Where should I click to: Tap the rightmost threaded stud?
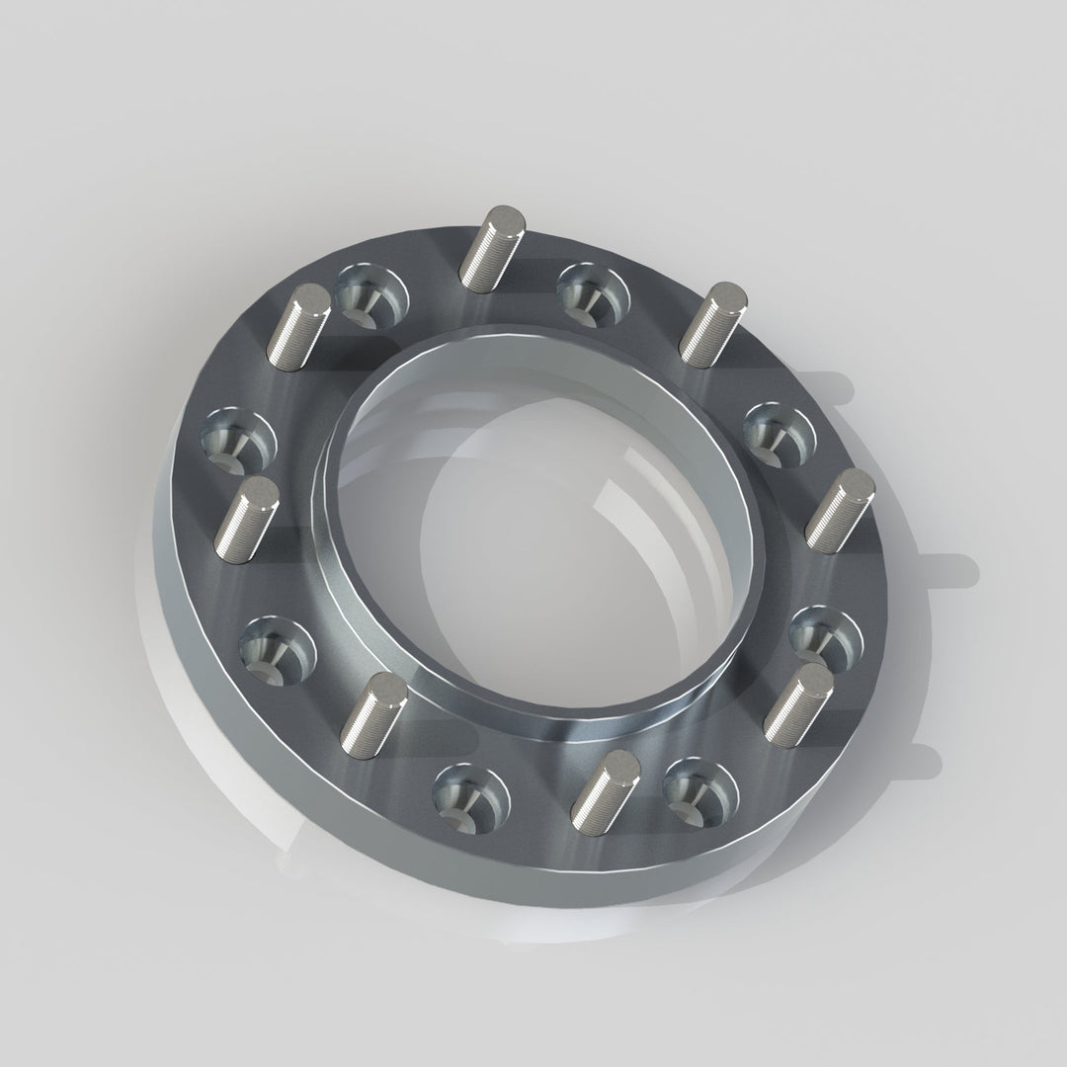click(x=841, y=509)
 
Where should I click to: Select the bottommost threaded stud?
click(x=605, y=785)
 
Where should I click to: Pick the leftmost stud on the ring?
click(x=246, y=520)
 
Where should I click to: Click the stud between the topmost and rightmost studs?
click(x=716, y=320)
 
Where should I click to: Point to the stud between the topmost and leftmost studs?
click(x=300, y=326)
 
